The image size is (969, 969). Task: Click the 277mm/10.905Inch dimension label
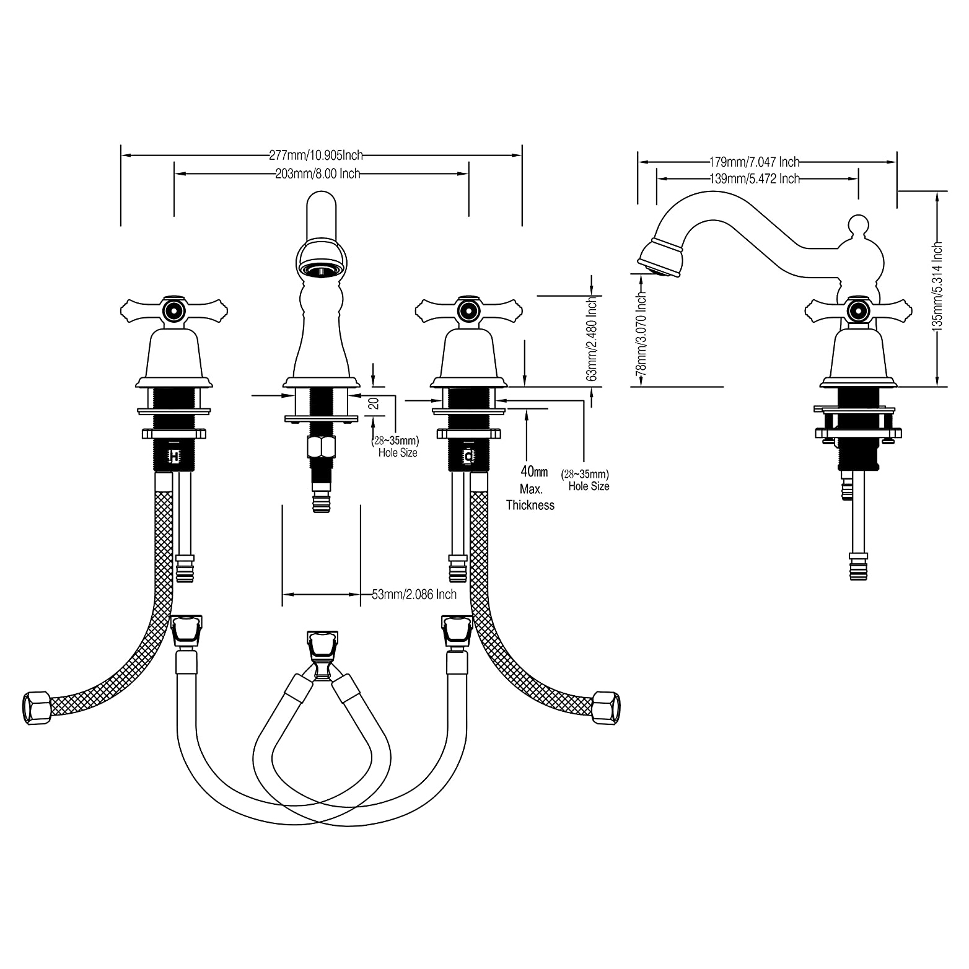[316, 155]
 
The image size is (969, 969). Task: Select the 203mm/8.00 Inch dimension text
[317, 174]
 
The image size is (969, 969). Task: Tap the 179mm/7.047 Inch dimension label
[754, 162]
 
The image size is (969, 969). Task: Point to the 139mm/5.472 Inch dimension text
[754, 179]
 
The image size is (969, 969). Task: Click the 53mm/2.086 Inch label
[414, 595]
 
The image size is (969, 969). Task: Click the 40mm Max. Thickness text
[530, 489]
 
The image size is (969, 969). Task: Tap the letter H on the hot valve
[175, 457]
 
